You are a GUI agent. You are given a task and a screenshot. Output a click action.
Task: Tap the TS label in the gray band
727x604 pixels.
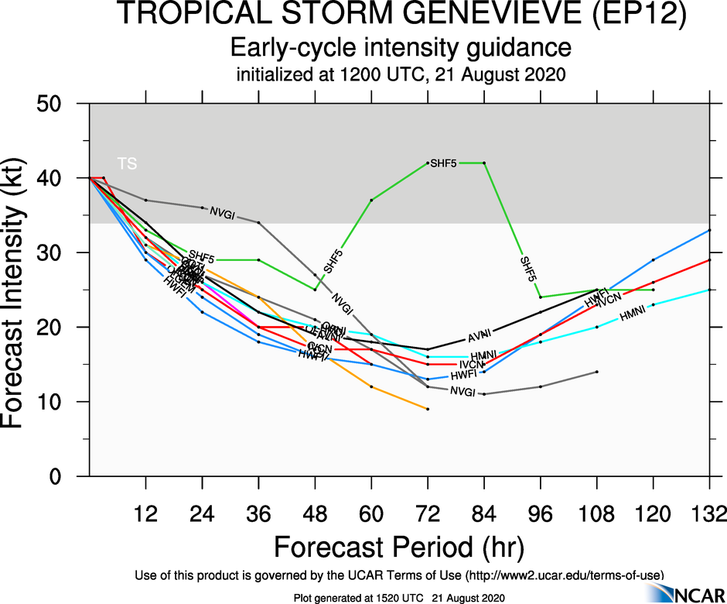coord(127,163)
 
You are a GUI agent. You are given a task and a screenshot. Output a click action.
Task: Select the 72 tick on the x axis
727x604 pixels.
coord(427,513)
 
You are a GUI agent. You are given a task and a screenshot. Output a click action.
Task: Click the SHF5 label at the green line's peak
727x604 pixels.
coord(444,163)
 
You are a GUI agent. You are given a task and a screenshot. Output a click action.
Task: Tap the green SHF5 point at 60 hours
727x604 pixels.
coord(371,201)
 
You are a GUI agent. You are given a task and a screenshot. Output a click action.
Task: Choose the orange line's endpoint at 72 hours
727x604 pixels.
coord(428,409)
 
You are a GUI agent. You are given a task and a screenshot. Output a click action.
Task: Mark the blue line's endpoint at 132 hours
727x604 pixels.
coord(709,231)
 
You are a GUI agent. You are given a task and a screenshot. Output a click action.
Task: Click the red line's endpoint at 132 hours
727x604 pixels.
coord(709,260)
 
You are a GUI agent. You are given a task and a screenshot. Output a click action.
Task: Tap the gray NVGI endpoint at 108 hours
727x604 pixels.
coord(596,372)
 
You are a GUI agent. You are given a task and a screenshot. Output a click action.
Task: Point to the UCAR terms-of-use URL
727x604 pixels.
coord(563,575)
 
